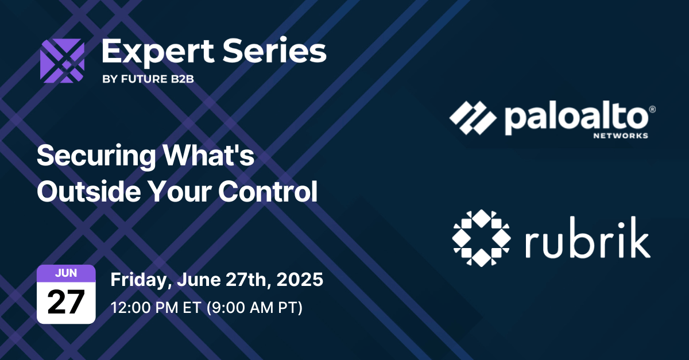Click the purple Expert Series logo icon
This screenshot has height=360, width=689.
pos(62,61)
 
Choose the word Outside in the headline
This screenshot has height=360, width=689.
pos(83,192)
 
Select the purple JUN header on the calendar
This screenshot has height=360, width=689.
pos(66,273)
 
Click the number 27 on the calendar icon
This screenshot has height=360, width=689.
pos(66,301)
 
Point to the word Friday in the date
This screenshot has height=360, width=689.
pos(138,280)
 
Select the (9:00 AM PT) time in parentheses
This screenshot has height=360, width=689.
pos(253,307)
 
